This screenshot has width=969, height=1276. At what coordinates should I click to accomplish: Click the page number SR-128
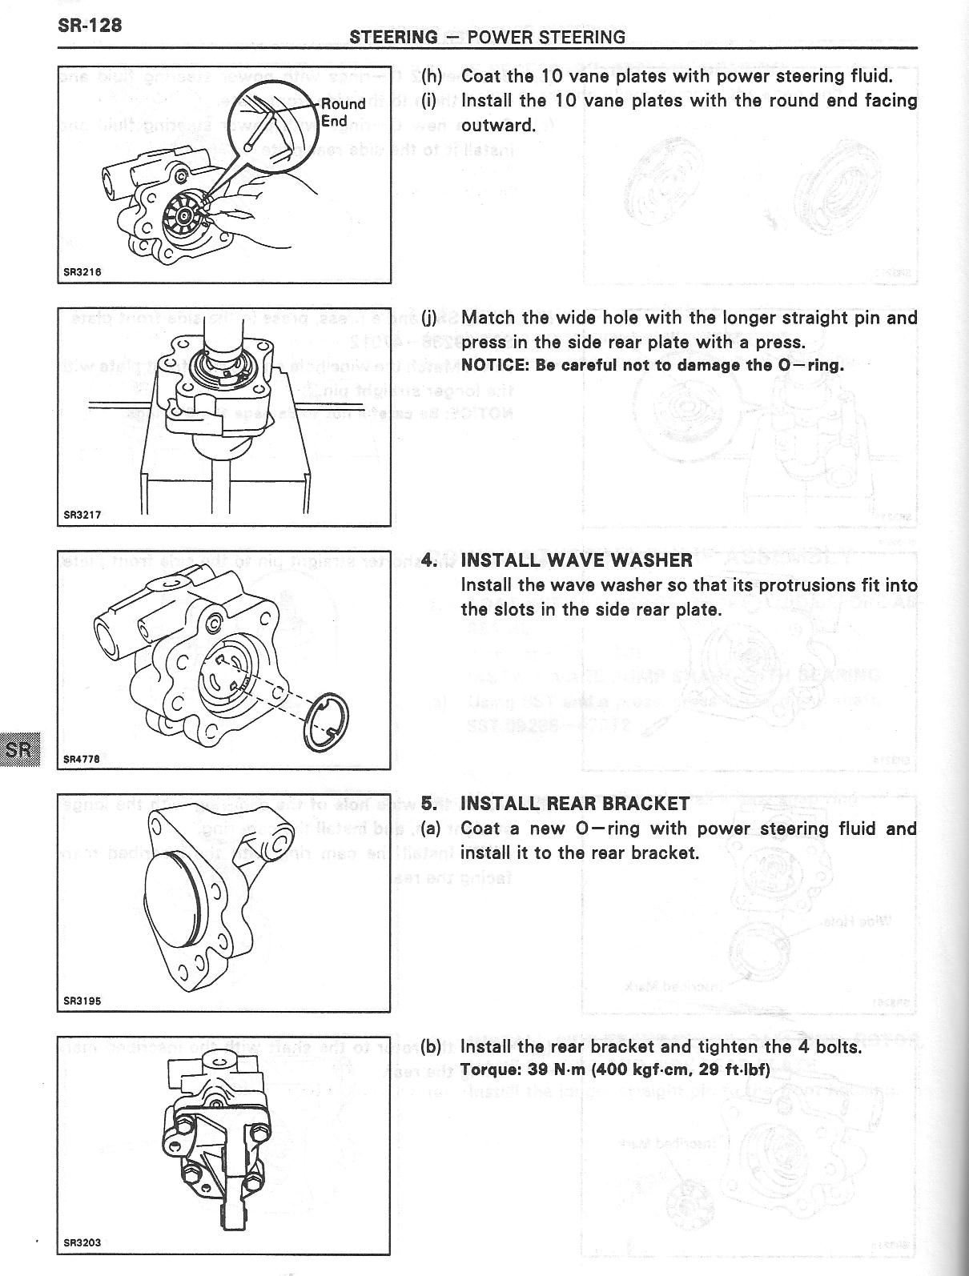click(x=90, y=26)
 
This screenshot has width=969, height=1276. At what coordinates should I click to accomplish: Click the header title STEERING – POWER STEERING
click(x=487, y=37)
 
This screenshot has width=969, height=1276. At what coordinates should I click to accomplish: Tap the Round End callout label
click(x=343, y=112)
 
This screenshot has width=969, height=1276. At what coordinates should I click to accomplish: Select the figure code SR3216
click(x=82, y=271)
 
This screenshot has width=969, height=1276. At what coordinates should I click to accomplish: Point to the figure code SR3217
click(x=82, y=515)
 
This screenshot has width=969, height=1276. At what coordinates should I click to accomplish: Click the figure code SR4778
click(x=82, y=758)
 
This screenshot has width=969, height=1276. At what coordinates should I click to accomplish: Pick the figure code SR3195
click(x=82, y=1001)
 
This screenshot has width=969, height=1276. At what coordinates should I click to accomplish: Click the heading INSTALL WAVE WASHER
click(x=577, y=560)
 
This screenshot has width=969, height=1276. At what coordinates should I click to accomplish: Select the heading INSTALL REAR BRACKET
click(x=575, y=804)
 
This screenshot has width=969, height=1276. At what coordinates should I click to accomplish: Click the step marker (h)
click(x=432, y=76)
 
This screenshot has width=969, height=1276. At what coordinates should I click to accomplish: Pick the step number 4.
click(x=430, y=560)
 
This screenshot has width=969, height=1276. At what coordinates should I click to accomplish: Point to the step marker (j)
click(x=430, y=318)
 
